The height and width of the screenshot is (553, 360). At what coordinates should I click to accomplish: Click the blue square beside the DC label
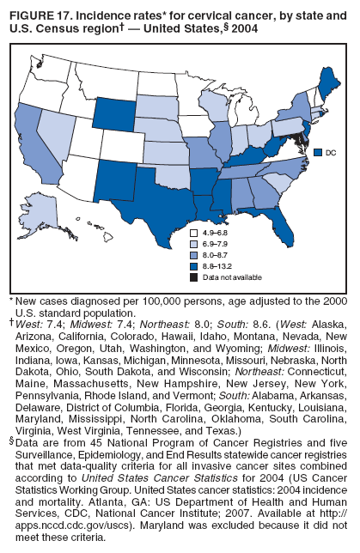pyautogui.click(x=318, y=152)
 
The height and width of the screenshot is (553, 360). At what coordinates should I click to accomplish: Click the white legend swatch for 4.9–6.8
pyautogui.click(x=192, y=233)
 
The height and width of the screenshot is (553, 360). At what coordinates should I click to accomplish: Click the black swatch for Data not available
pyautogui.click(x=192, y=277)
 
